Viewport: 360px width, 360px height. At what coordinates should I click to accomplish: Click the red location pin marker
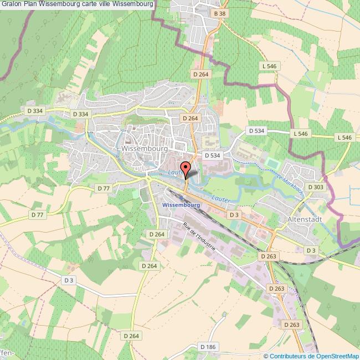[186, 167]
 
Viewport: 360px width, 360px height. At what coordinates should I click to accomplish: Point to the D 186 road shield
[207, 347]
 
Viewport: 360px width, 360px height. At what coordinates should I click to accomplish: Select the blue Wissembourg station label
[181, 205]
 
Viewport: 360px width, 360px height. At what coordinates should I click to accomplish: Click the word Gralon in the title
[12, 4]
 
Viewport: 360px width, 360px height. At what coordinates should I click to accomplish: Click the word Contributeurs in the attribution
[288, 356]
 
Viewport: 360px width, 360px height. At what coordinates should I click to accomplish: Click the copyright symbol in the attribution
[266, 356]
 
